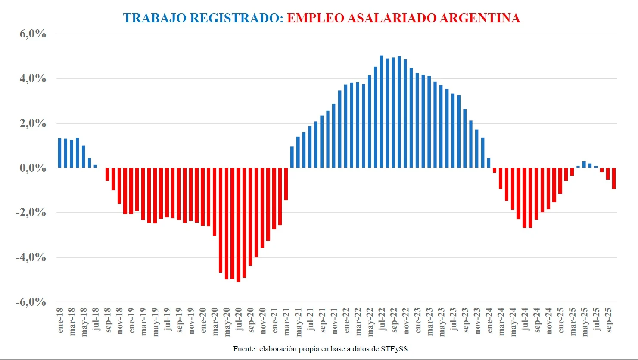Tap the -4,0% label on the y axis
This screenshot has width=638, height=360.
click(31, 257)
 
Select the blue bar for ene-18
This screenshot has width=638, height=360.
click(60, 153)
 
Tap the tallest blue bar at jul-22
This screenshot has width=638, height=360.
click(381, 112)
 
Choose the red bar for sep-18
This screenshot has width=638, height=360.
click(107, 174)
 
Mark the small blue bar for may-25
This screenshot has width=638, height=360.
click(584, 165)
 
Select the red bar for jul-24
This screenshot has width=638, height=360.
click(524, 198)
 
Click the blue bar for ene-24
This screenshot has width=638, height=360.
click(489, 163)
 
